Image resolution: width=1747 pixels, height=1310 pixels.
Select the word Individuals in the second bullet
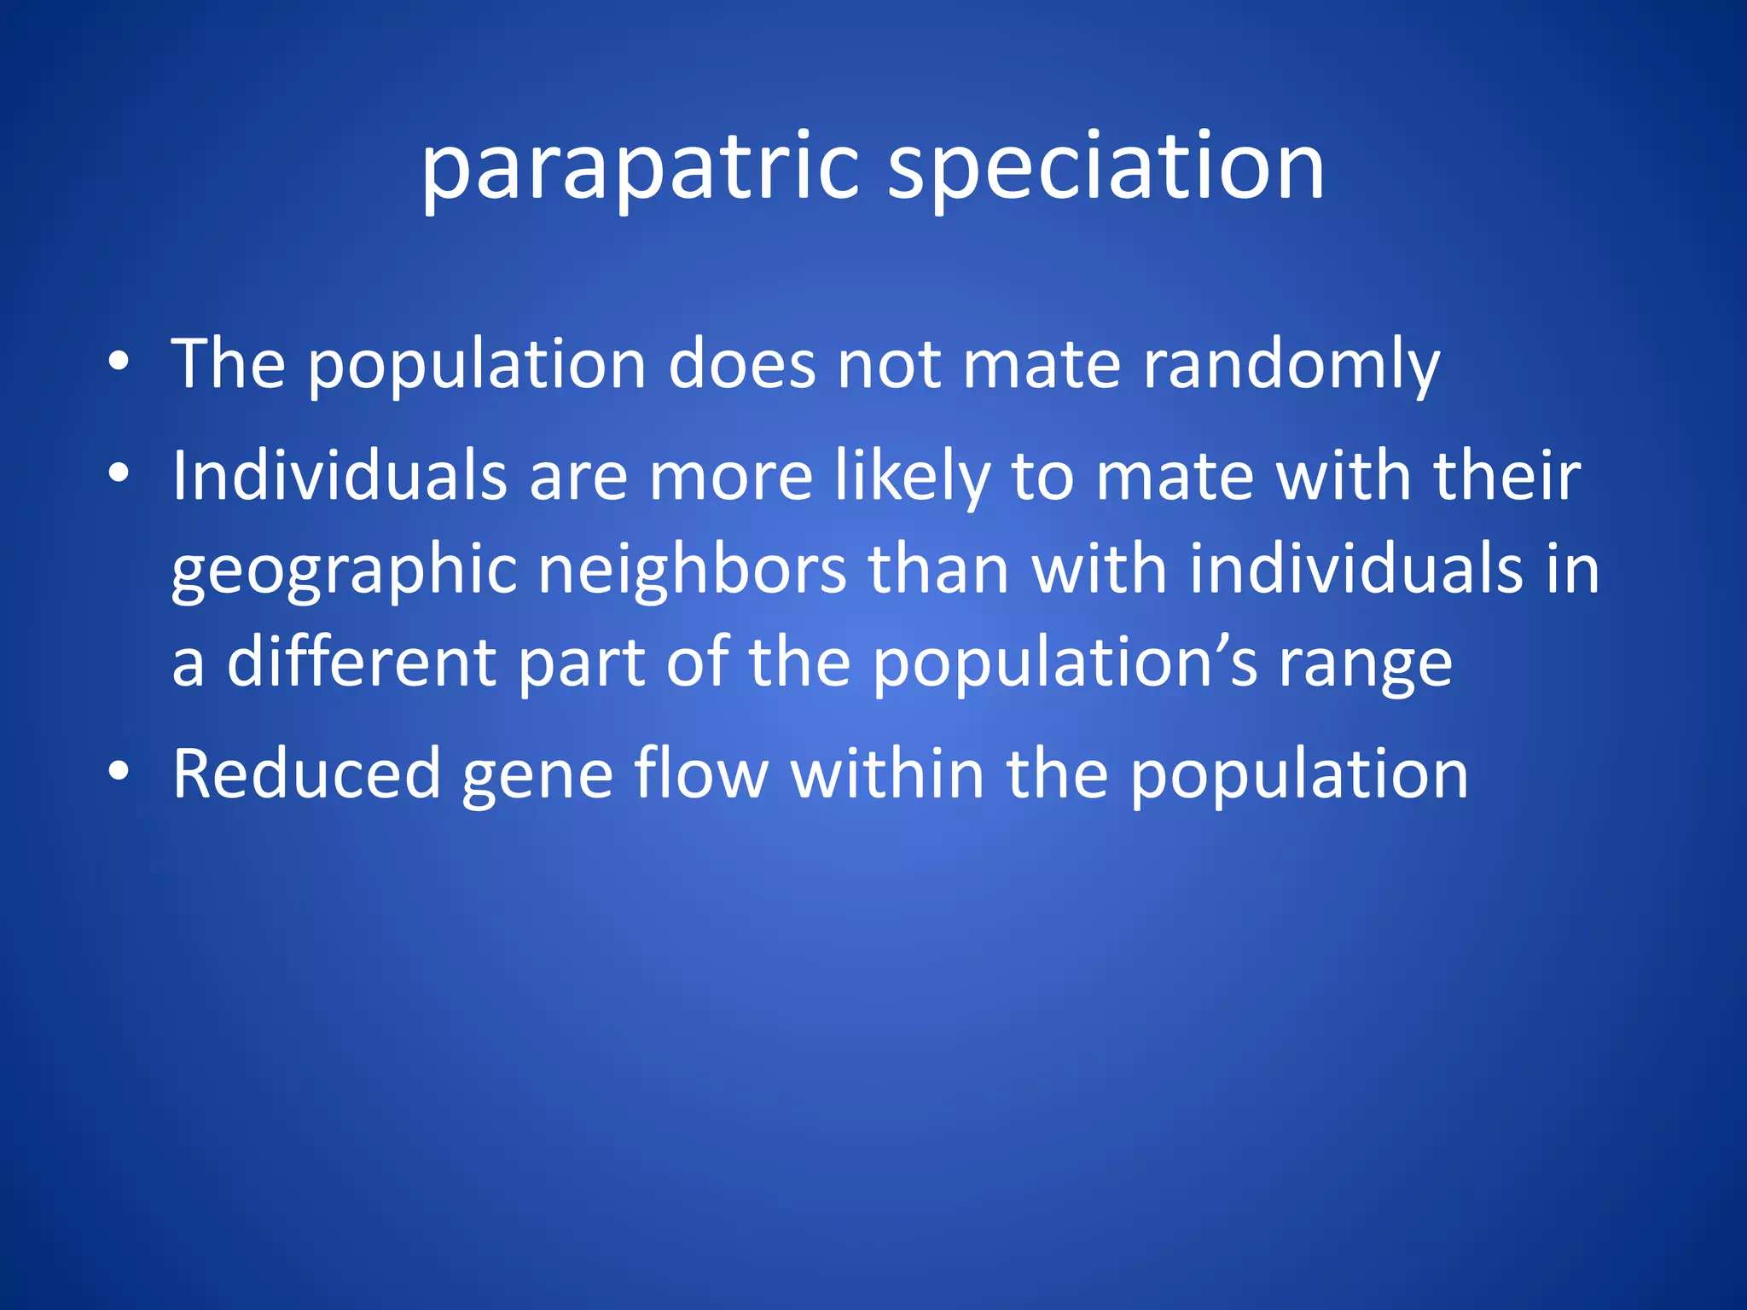click(340, 476)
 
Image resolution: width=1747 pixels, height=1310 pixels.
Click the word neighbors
click(692, 570)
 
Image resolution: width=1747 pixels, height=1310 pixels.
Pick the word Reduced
click(306, 774)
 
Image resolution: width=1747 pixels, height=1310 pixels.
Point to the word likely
click(913, 478)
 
